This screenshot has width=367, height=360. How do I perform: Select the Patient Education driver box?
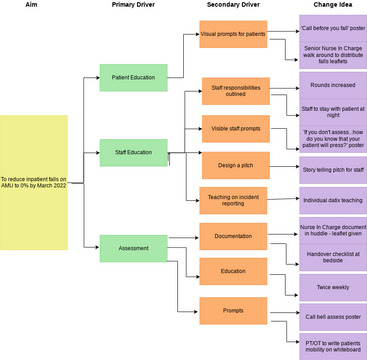click(133, 76)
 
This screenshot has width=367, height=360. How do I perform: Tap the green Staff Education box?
click(133, 152)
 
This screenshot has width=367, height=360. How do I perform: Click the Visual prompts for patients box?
click(232, 34)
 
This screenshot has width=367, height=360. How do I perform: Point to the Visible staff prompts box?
click(236, 129)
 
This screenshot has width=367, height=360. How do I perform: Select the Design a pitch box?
click(236, 165)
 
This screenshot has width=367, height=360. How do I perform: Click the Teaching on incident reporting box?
click(232, 201)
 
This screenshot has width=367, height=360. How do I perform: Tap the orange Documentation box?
click(232, 236)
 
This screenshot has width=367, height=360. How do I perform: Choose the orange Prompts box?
click(232, 310)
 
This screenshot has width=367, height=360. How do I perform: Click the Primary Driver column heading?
click(133, 6)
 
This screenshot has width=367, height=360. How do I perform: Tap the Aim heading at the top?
click(34, 6)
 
